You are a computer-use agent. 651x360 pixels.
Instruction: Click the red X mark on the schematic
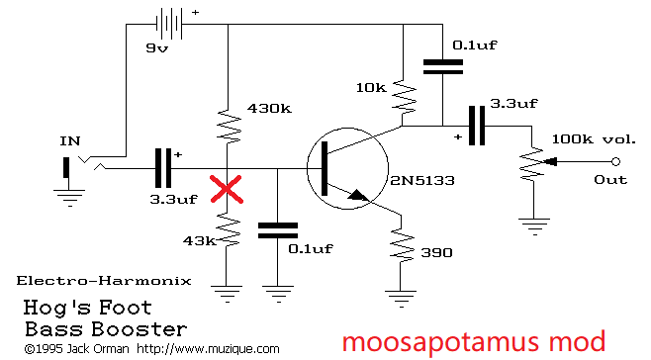pos(227,189)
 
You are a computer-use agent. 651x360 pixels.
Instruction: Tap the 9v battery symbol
pos(169,24)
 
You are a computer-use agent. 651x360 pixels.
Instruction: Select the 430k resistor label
pos(269,109)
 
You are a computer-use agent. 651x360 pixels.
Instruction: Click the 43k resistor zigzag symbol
pos(228,230)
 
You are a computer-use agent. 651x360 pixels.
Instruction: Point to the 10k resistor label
pos(371,88)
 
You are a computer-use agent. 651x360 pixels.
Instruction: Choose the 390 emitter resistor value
pos(436,252)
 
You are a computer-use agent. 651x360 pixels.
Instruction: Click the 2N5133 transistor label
pos(422,180)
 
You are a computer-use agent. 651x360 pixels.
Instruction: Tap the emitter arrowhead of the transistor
pos(359,195)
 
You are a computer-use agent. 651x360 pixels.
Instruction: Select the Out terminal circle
pos(616,161)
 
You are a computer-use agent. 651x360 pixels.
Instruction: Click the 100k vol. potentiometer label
pos(594,139)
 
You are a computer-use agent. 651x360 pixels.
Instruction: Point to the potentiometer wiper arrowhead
pos(550,161)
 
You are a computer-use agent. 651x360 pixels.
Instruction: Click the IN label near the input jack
pos(70,141)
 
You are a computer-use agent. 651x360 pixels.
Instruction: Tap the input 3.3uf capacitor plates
pos(162,168)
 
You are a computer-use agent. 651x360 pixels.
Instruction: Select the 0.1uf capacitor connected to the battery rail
pos(443,67)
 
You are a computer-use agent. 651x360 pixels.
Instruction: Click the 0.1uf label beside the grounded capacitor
pos(311,248)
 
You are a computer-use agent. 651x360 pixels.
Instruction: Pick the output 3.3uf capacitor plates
pos(477,126)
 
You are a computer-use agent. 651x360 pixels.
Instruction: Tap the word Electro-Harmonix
pos(104,281)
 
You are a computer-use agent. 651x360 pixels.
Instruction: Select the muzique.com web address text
pos(208,349)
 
